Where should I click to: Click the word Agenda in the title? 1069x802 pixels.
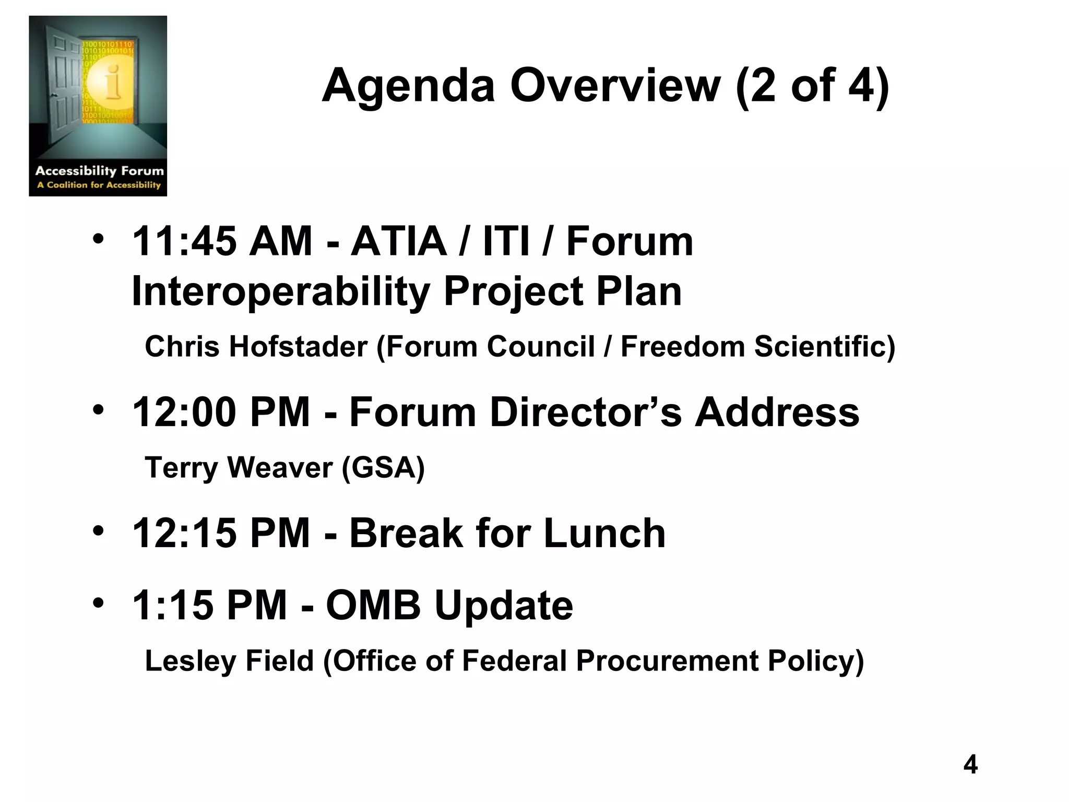pos(408,86)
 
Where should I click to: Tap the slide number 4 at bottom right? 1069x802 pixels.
pos(970,764)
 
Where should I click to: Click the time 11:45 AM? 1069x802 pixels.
pos(222,241)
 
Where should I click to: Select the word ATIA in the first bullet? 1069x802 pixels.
pos(398,241)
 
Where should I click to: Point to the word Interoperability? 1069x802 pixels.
pos(280,291)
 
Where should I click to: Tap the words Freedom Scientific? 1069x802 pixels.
pos(757,347)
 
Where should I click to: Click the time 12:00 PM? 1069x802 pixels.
pos(222,412)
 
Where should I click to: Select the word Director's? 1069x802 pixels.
pos(586,412)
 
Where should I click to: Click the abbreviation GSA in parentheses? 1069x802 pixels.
pos(383,467)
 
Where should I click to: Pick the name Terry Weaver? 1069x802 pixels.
pos(239,467)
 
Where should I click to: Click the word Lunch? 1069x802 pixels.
pos(604,533)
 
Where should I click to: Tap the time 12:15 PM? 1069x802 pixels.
pos(222,533)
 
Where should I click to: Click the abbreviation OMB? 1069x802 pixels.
pos(373,605)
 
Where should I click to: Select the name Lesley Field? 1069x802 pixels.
pos(229,661)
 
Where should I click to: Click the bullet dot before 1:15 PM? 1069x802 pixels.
pos(98,604)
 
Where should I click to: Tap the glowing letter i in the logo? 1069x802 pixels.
pos(112,82)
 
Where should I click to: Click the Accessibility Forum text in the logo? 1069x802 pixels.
pos(99,171)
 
